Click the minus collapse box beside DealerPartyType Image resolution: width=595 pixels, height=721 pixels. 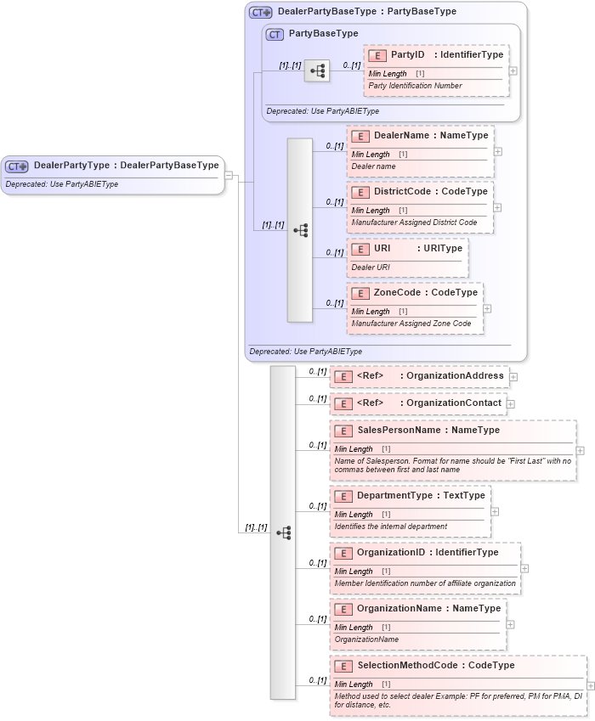click(229, 176)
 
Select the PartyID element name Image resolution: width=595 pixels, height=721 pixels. click(407, 55)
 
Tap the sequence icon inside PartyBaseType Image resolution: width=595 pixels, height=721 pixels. click(317, 71)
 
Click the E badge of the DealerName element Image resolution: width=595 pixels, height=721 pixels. click(360, 136)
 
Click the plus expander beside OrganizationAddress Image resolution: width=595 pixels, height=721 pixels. click(513, 376)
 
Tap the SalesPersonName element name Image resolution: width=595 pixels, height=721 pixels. click(399, 431)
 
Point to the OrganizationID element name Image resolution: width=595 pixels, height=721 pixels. click(394, 553)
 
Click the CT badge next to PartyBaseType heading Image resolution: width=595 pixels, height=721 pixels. click(275, 34)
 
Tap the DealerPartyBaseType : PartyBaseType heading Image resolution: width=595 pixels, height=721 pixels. click(366, 12)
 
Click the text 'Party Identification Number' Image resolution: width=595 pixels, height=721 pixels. click(415, 86)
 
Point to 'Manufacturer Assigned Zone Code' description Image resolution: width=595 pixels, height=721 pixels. click(411, 324)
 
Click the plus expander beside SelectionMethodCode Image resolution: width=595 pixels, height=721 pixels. click(591, 685)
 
